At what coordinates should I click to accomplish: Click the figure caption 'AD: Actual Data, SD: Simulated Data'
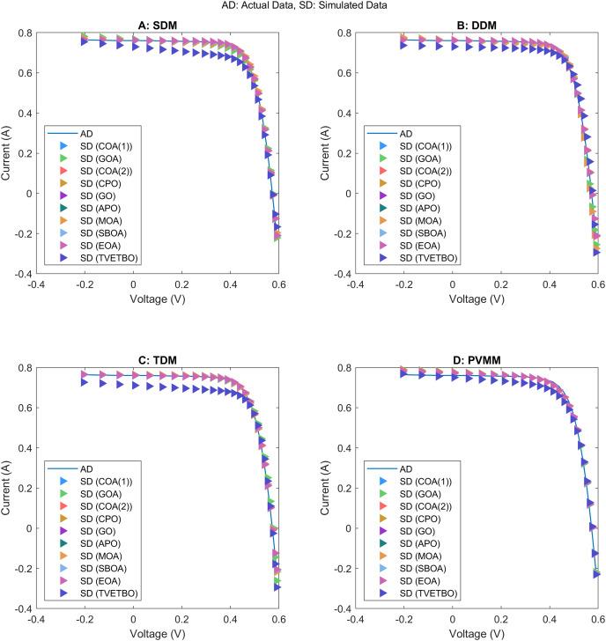click(x=303, y=6)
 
